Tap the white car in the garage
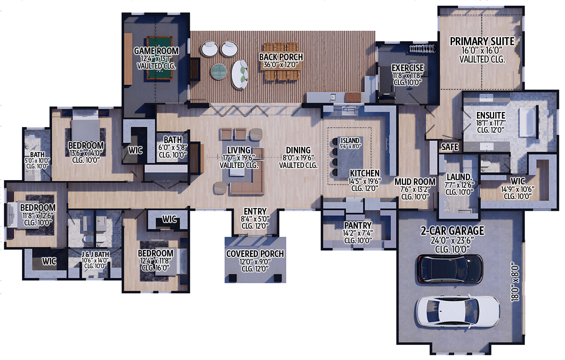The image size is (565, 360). tap(457, 311)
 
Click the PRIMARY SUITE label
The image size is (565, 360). tap(482, 41)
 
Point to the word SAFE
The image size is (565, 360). tap(450, 147)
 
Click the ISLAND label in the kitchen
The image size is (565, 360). tap(350, 140)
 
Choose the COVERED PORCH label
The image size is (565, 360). tap(255, 254)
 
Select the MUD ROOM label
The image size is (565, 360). tap(408, 182)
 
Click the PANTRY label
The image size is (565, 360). tap(358, 225)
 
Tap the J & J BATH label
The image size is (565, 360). tap(96, 255)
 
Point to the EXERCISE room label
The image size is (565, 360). tap(408, 68)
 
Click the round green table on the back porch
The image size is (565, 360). tap(219, 71)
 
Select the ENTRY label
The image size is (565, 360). tap(255, 211)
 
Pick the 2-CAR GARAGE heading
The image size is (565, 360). tap(452, 231)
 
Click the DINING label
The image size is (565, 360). tap(298, 151)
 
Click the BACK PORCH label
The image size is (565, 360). tap(281, 57)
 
